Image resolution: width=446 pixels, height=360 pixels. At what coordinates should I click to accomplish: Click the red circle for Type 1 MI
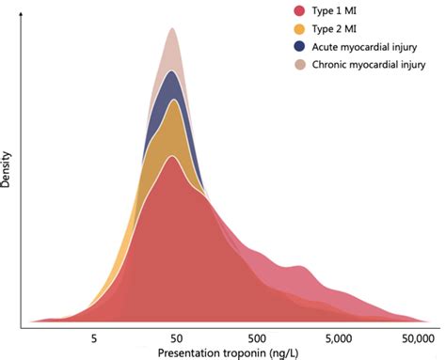click(x=299, y=11)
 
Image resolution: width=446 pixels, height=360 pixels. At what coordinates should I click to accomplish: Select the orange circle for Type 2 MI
click(x=299, y=29)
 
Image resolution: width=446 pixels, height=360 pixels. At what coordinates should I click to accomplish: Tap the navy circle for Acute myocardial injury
click(x=299, y=47)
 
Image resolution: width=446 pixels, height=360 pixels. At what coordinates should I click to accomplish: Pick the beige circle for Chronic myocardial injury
click(x=299, y=65)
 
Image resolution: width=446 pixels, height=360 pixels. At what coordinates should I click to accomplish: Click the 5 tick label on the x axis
click(x=93, y=336)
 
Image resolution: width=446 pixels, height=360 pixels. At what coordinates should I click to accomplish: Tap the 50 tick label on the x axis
click(x=173, y=336)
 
